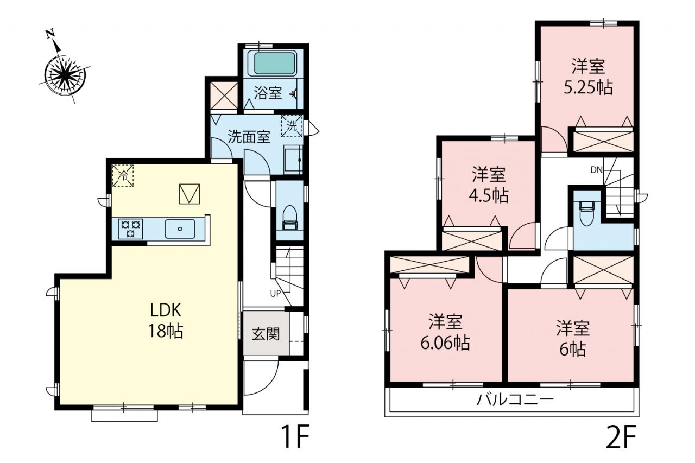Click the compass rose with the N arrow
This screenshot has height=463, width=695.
(65, 74)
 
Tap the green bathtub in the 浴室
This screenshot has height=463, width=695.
(274, 64)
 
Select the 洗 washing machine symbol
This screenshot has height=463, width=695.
(292, 126)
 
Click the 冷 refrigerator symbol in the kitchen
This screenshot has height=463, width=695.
(123, 175)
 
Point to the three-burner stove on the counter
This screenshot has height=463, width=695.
(131, 229)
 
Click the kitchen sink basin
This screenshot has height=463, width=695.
(180, 229)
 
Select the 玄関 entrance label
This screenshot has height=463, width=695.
(266, 334)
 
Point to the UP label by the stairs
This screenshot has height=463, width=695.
(275, 293)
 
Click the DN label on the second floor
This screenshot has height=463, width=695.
(596, 170)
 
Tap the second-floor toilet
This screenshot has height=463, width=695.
(587, 213)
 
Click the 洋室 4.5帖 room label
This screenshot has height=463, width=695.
(489, 185)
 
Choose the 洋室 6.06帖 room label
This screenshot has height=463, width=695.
(445, 332)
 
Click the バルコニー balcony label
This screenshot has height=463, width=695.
(515, 399)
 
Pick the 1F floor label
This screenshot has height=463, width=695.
(295, 436)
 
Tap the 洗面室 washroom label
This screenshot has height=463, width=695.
(249, 137)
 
